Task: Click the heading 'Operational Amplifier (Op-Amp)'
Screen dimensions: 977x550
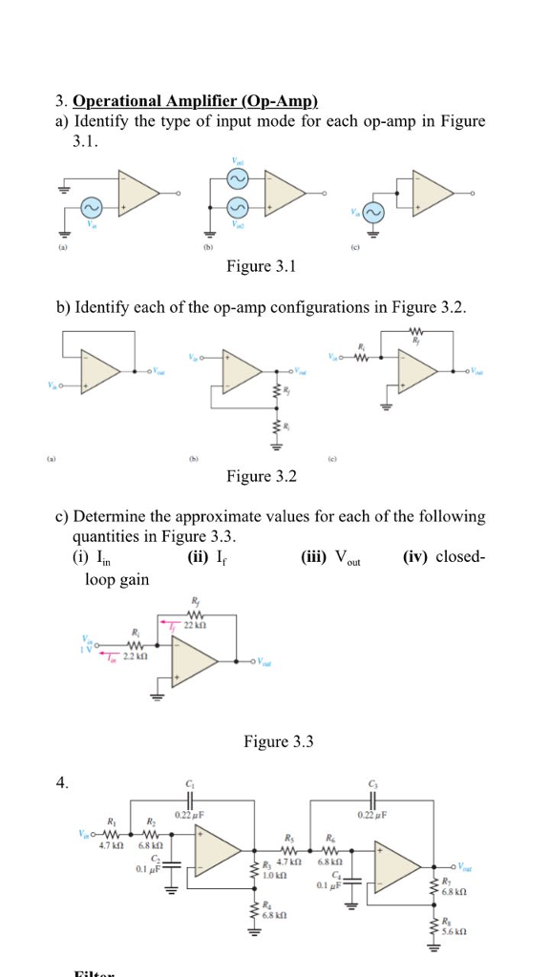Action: coord(196,101)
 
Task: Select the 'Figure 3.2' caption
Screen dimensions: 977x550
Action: coord(262,476)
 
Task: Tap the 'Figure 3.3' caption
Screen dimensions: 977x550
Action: coord(279,741)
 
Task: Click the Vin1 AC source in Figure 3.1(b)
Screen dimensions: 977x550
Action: coord(237,177)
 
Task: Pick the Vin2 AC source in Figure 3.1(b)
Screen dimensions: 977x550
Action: coord(237,208)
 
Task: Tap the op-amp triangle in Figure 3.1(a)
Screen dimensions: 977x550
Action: coord(139,195)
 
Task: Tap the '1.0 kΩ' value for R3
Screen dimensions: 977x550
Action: coord(276,875)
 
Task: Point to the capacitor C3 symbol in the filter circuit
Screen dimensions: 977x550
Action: coord(369,800)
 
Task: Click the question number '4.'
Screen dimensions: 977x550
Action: coord(62,783)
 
